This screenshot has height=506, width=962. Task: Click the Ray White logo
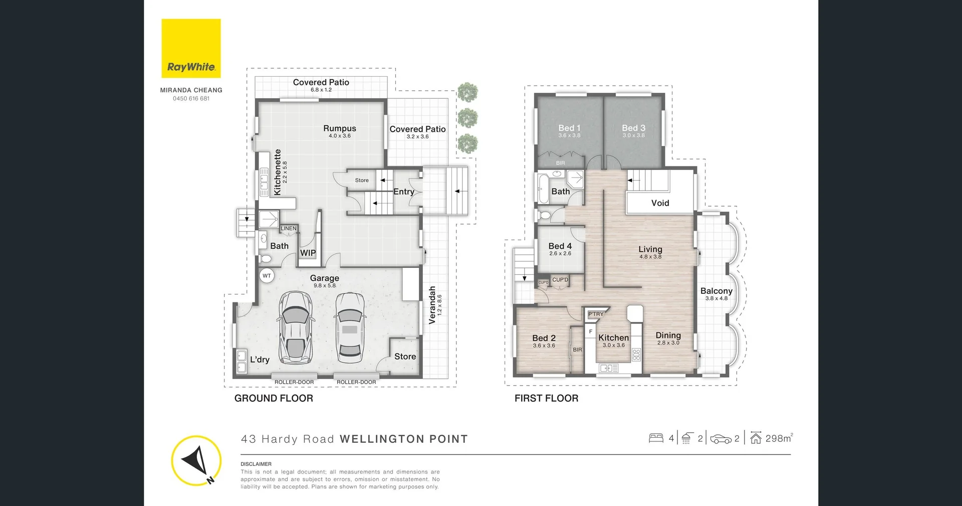(x=191, y=49)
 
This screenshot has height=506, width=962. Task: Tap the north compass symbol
(x=196, y=460)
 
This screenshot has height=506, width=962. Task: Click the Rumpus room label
(x=340, y=129)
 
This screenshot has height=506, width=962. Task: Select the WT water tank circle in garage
(x=267, y=276)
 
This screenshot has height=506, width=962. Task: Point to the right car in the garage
(x=350, y=327)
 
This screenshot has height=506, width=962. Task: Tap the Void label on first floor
(x=660, y=203)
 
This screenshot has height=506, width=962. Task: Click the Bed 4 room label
(x=560, y=246)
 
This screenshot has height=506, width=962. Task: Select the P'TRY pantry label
(x=596, y=314)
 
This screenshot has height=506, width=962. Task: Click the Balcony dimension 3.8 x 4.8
(x=716, y=298)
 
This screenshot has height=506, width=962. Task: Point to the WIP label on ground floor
(x=308, y=253)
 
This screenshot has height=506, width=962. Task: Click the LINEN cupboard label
(x=289, y=229)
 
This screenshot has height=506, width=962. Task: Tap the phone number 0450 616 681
(x=191, y=99)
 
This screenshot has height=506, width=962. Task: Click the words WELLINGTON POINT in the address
(x=403, y=439)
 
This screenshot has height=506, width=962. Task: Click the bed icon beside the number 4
(x=656, y=438)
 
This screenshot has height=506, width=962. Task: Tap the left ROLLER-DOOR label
(x=294, y=382)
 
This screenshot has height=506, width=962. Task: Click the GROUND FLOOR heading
(x=274, y=398)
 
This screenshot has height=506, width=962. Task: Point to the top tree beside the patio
(x=467, y=93)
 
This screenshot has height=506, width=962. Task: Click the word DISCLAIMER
(x=256, y=464)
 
